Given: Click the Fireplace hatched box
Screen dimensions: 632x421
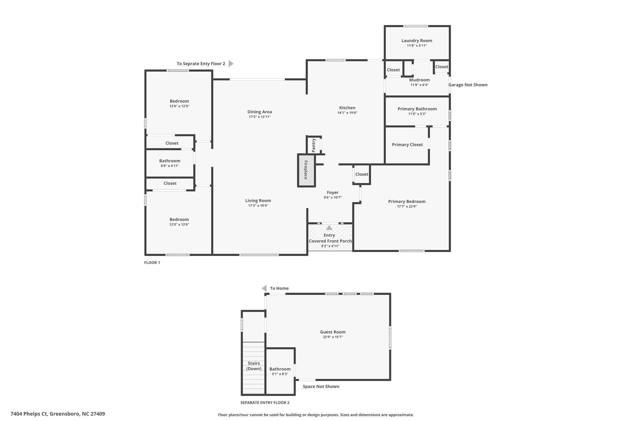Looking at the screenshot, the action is click(306, 170).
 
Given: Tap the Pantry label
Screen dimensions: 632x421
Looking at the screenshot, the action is click(314, 145).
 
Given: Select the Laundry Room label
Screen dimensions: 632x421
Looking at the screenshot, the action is click(417, 40).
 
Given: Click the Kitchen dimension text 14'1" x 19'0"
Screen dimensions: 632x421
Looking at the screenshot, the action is click(347, 113).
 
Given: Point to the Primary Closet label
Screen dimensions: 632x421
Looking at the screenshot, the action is click(407, 145).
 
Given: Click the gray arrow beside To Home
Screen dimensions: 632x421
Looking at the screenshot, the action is click(264, 288).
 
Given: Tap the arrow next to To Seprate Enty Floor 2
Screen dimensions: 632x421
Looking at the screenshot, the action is click(231, 64).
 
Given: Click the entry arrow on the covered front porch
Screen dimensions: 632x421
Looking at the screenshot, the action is click(329, 228).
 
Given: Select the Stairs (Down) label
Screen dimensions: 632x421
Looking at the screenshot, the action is click(254, 366).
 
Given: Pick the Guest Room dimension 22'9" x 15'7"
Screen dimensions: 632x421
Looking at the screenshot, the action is click(333, 337).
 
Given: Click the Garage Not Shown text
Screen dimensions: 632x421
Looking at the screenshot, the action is click(468, 85).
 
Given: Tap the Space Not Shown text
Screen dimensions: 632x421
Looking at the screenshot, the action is click(321, 386).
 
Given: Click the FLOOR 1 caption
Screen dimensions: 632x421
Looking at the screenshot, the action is click(152, 263).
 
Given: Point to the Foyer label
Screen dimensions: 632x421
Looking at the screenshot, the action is click(333, 192).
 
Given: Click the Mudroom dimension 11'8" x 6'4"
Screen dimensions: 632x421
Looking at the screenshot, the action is click(419, 85).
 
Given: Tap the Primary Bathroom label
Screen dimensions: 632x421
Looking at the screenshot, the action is click(417, 109).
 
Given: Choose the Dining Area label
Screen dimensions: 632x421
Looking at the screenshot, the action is click(260, 112).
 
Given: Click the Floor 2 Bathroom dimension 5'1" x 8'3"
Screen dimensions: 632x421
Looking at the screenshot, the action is click(280, 374).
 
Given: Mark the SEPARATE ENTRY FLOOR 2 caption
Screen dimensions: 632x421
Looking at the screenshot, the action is click(265, 402).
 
